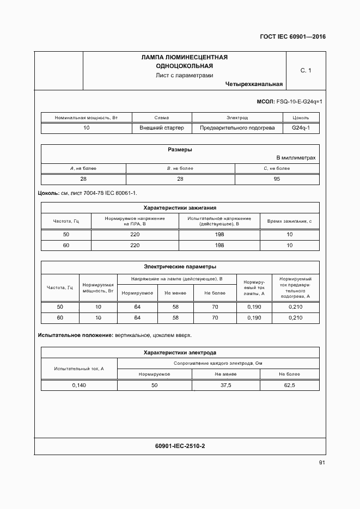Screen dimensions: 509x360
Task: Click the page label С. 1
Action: (306, 70)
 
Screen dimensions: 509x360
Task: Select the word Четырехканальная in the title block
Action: (253, 84)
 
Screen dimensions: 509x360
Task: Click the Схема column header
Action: (162, 118)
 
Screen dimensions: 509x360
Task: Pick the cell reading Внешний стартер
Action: (162, 128)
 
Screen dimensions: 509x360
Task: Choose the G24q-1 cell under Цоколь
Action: (301, 128)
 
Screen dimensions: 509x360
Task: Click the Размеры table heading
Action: (180, 149)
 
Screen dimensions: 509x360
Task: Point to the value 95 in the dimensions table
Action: (277, 179)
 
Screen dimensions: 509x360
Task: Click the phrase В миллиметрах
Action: (296, 158)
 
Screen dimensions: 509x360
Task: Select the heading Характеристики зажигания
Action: (180, 207)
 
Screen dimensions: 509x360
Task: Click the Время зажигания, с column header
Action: (289, 221)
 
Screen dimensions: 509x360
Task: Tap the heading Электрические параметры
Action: (180, 267)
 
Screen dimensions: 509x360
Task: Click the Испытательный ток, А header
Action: (80, 369)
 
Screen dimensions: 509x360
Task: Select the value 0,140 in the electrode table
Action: (80, 385)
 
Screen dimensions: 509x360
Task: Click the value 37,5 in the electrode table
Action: (225, 385)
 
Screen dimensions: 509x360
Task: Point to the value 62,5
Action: (289, 385)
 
